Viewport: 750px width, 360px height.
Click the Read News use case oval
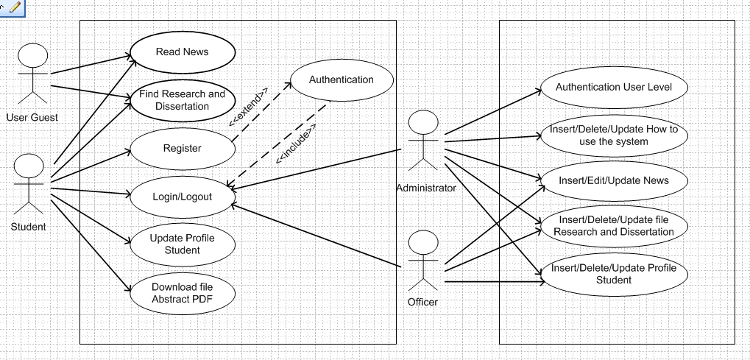[182, 52]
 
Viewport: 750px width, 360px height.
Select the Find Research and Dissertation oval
[182, 100]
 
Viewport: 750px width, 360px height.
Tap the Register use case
[182, 148]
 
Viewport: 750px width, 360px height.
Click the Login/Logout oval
[182, 197]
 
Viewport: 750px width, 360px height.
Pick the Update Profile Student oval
[182, 244]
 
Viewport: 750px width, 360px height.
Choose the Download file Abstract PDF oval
[182, 292]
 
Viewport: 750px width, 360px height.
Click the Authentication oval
[341, 80]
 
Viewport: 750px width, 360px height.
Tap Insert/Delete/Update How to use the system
[613, 135]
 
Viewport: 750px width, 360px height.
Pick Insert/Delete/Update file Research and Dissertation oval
[613, 226]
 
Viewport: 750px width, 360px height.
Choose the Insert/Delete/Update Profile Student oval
[613, 274]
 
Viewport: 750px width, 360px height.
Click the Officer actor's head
[422, 244]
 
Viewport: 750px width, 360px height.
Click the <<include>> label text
[295, 144]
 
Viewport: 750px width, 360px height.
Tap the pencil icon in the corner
[14, 7]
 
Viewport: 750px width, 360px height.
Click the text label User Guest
[32, 117]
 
